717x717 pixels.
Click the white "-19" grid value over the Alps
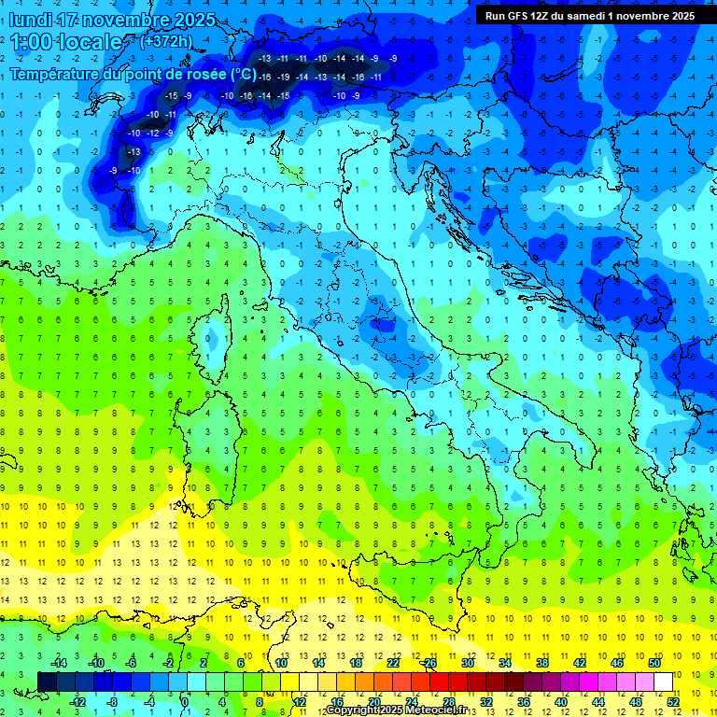283,77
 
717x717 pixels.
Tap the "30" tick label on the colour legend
468,663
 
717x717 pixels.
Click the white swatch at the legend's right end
664,682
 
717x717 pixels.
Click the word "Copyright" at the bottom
352,710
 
